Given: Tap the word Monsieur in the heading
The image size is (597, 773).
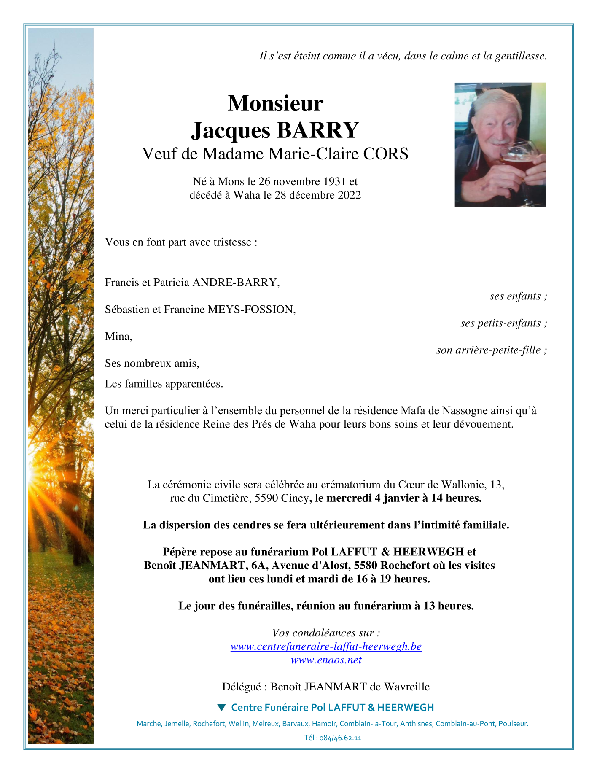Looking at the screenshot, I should coord(275,103).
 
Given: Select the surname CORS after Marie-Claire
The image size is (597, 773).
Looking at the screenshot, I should coord(385,154).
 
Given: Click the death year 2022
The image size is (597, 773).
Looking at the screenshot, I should coord(349,195).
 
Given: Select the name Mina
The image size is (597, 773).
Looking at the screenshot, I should coord(118,336).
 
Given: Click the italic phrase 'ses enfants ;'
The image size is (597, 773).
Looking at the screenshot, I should coord(518,296).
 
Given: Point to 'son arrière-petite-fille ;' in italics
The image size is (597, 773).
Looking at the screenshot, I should coord(492,350).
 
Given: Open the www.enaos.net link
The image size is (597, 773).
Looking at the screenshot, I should coord(326,660).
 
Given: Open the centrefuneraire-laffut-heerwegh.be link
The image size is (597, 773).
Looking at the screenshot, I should coord(326,646).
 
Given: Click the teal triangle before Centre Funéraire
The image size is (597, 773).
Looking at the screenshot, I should coord(221,707).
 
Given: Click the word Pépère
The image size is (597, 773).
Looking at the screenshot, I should coord(180,552).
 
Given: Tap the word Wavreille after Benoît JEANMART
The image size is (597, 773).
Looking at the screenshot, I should coord(406,687).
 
